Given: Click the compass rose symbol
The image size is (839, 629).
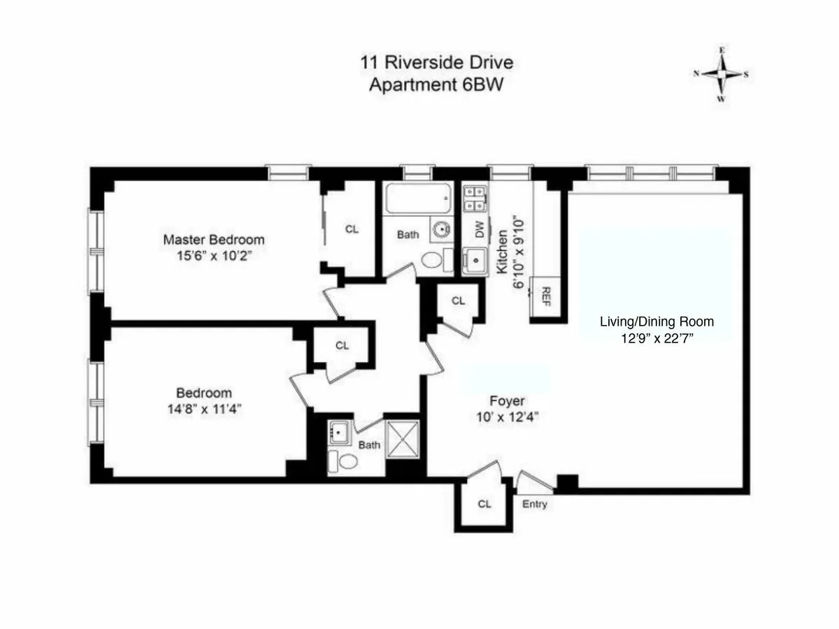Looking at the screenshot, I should click(x=721, y=74).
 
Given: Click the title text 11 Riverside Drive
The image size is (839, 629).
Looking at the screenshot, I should click(x=436, y=62).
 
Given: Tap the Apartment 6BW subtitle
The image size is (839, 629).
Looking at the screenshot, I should click(x=436, y=85).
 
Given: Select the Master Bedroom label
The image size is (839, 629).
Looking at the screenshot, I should click(x=214, y=240).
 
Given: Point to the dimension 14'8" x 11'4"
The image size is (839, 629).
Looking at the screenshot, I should click(x=203, y=409).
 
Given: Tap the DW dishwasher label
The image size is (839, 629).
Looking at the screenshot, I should click(x=480, y=231).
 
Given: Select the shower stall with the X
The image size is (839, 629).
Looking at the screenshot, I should click(x=403, y=439).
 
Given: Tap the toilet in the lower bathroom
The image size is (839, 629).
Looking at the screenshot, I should click(x=344, y=460).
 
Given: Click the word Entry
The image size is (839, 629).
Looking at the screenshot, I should click(x=535, y=505).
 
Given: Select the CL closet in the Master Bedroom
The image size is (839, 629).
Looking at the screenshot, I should click(x=352, y=229).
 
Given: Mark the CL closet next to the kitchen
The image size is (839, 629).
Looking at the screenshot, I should click(x=458, y=301).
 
